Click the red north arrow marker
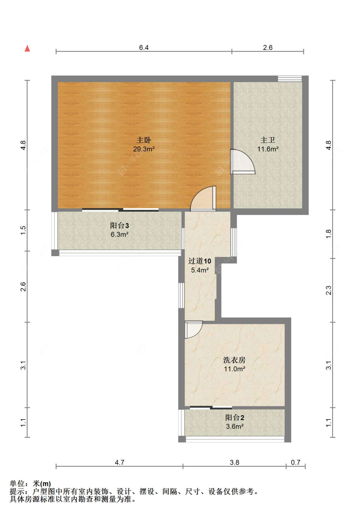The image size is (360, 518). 28,49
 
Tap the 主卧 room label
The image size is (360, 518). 144,140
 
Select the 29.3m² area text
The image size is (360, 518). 144,149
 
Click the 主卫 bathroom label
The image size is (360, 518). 268,140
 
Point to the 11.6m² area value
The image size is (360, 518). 268,149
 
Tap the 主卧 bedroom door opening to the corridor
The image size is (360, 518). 204,199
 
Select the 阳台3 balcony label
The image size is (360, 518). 119,225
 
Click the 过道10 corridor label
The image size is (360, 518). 200,261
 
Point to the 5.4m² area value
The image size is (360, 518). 200,270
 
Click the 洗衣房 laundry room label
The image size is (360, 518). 234,360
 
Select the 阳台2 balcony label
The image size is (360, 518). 235,418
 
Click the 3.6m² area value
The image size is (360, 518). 235,427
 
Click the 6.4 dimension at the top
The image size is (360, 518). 144,48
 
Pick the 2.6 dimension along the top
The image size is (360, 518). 268,48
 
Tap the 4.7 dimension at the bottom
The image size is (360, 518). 119,462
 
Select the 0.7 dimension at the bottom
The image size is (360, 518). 295,462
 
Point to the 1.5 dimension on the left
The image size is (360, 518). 23,230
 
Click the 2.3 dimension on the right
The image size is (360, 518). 329,290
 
